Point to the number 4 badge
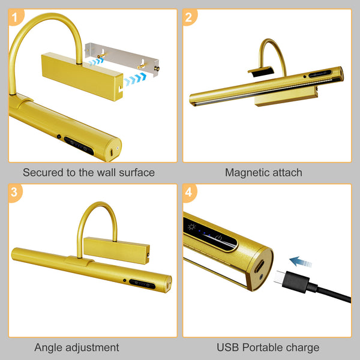[188, 193]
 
